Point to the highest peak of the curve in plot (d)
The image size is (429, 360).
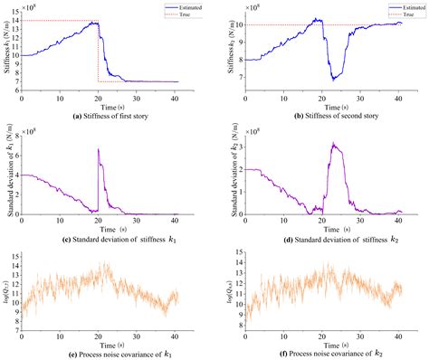(333, 143)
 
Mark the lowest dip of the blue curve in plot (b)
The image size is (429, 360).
(333, 81)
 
